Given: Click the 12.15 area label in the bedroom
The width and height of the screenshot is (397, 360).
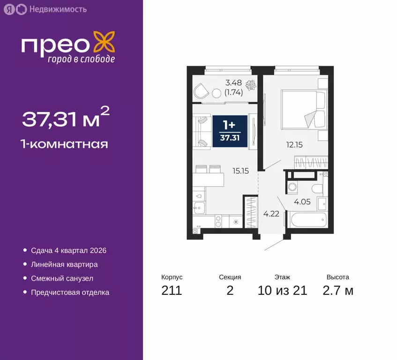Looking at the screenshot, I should [x=295, y=145].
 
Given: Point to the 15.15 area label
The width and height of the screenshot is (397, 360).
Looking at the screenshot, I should [x=240, y=171].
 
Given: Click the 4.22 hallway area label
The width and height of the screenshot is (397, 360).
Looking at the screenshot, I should [x=271, y=214].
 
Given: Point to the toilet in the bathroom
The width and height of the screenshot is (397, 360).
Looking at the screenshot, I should [x=317, y=187].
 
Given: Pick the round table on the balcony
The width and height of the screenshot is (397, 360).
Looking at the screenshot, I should [x=217, y=93].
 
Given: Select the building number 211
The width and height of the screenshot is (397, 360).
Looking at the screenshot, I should [x=171, y=291].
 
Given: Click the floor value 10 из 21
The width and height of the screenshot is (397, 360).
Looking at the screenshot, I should [x=282, y=291].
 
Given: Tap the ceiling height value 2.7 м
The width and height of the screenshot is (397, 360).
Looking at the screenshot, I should [x=338, y=291].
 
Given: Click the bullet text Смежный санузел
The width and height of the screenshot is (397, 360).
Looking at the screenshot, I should [x=62, y=278].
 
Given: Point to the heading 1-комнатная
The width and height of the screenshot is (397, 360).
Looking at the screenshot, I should [x=65, y=143].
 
